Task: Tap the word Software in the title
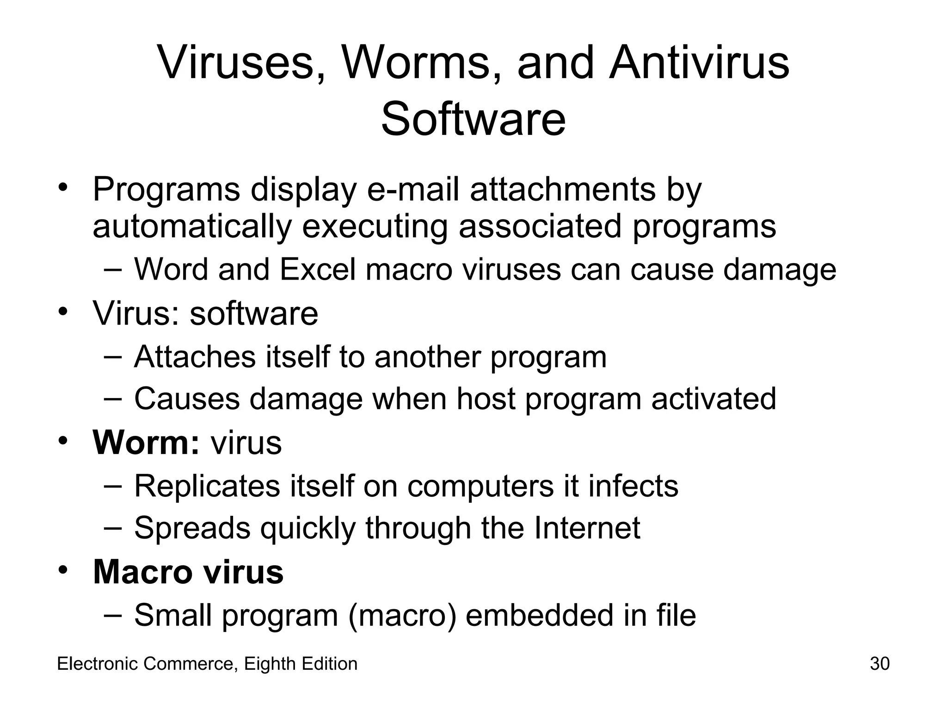click(x=473, y=119)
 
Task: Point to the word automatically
click(x=192, y=226)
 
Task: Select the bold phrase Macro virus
click(x=188, y=572)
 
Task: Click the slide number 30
click(x=879, y=664)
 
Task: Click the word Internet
click(x=587, y=527)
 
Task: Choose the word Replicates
click(x=207, y=486)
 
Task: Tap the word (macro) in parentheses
click(x=401, y=615)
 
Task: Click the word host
click(x=486, y=398)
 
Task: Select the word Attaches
click(x=195, y=357)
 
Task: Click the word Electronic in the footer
click(x=98, y=664)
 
